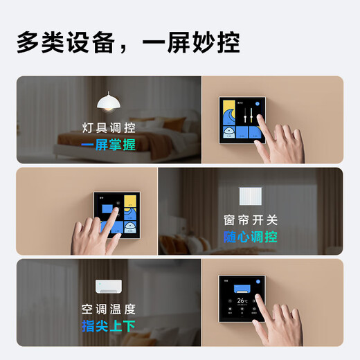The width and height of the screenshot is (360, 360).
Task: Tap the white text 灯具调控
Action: [107, 128]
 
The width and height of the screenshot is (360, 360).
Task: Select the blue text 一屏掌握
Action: [107, 145]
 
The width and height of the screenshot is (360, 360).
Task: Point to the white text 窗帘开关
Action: [251, 220]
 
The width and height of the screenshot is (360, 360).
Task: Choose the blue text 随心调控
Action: [251, 237]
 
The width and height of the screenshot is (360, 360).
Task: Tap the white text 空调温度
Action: [107, 308]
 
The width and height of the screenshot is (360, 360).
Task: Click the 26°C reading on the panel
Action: [242, 301]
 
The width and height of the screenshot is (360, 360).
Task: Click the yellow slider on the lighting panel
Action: [246, 116]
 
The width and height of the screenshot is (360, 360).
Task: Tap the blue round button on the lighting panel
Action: [229, 135]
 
